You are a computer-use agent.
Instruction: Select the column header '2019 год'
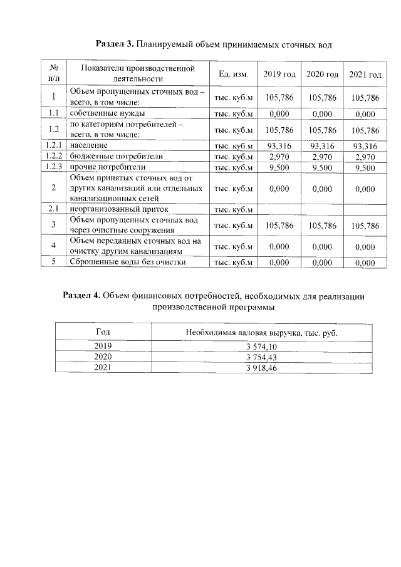[x=279, y=75]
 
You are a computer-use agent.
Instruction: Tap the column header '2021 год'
[x=365, y=75]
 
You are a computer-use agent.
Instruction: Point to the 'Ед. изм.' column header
[x=234, y=75]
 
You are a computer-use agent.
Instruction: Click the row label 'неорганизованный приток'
[x=119, y=209]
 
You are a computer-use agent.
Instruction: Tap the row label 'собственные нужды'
[x=108, y=113]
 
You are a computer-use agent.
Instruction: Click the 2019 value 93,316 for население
[x=279, y=145]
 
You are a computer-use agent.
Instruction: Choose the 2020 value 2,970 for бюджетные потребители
[x=322, y=156]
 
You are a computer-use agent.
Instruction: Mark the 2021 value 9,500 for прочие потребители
[x=365, y=167]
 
